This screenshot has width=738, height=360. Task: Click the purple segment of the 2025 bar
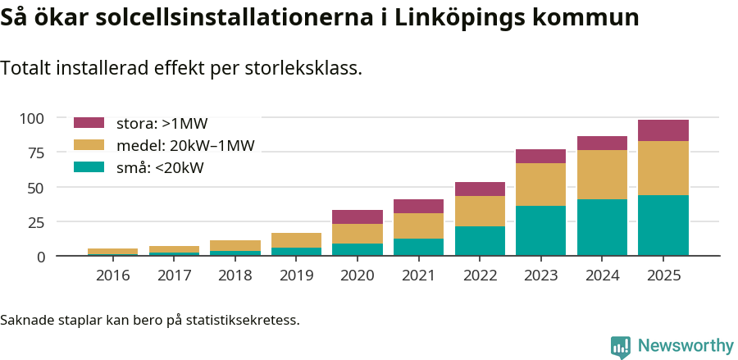(x=663, y=130)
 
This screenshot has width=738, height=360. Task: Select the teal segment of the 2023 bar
(x=540, y=230)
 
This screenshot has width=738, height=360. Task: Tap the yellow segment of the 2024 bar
(x=602, y=175)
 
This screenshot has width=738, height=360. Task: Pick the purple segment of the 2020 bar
(x=357, y=216)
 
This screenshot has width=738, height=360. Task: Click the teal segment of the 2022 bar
(x=480, y=241)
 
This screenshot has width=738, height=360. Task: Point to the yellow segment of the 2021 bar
(x=418, y=226)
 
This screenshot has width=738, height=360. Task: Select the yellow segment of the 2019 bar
(x=296, y=240)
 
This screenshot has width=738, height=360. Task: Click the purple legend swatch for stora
(x=89, y=123)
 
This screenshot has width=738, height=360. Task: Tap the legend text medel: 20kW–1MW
(x=185, y=146)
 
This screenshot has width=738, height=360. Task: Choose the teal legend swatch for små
(x=89, y=167)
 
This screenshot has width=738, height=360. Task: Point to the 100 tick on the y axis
(x=32, y=118)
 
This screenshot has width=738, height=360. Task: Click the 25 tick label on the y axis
(x=36, y=222)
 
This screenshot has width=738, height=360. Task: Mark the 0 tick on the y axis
(x=40, y=257)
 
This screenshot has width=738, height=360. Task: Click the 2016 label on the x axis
(x=112, y=276)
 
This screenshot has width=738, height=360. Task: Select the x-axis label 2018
(x=235, y=276)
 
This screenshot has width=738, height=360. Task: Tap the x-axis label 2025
(x=663, y=276)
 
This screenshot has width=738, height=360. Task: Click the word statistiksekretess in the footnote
(x=242, y=319)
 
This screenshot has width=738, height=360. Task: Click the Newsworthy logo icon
(x=621, y=346)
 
